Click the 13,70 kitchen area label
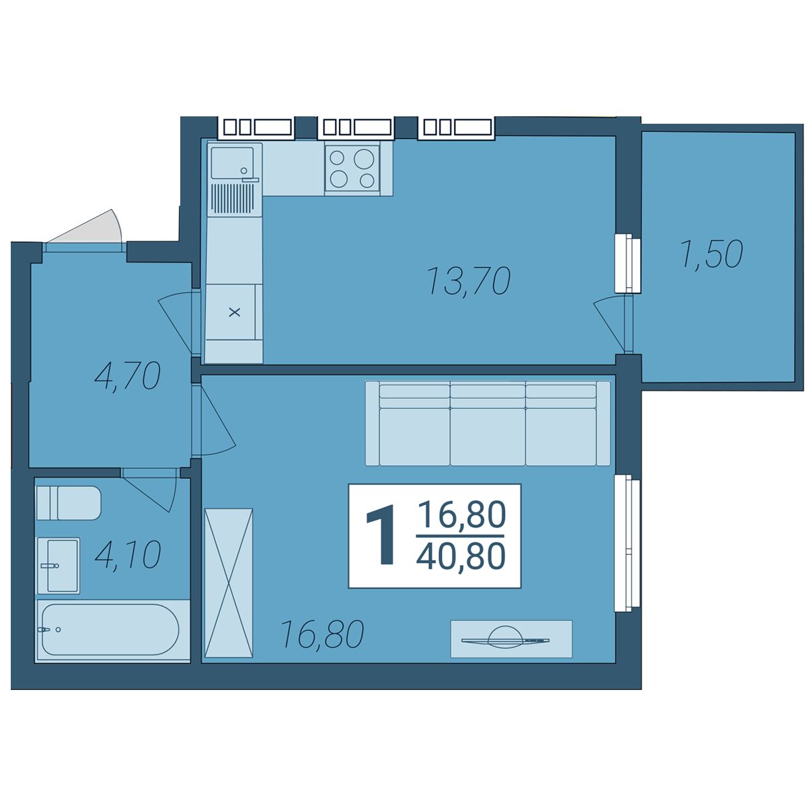(x=468, y=281)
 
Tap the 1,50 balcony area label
(x=712, y=254)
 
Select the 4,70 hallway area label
(x=127, y=376)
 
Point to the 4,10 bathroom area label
(x=128, y=555)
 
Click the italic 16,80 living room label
(x=321, y=634)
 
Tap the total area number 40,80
(x=461, y=555)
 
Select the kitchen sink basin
(x=232, y=163)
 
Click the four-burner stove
(x=352, y=168)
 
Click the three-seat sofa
(x=488, y=423)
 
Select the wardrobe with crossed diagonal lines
(x=229, y=583)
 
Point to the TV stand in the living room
(x=511, y=639)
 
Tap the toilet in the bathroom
(x=69, y=503)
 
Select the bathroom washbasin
(x=59, y=566)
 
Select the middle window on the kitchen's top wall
(x=356, y=127)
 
